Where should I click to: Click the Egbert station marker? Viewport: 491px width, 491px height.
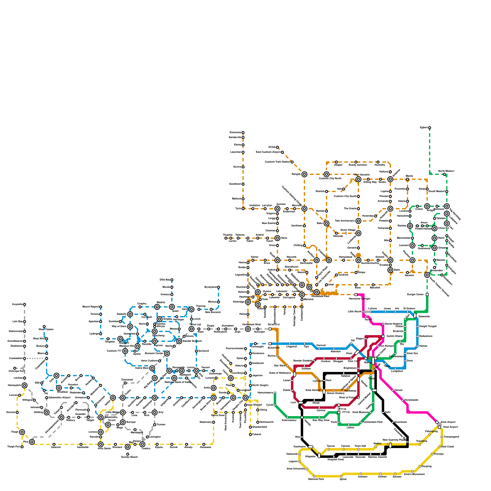point(430,128)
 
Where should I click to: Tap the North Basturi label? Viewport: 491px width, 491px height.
point(446,171)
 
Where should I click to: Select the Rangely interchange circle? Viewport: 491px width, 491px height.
point(304,174)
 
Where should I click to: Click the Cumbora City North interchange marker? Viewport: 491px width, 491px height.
point(327,174)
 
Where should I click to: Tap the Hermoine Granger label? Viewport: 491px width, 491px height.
point(360,299)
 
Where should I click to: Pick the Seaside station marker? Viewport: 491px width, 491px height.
point(415,315)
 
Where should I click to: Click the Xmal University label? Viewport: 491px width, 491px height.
point(296,469)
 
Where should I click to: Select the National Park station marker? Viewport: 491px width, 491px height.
point(314,476)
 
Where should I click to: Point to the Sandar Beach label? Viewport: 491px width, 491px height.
point(129,457)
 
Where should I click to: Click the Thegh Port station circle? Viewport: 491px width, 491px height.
point(22,447)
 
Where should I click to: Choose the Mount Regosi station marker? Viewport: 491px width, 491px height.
point(101,307)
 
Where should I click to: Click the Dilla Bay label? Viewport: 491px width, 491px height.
point(164,280)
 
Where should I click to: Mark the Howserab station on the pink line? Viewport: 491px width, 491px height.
point(403,400)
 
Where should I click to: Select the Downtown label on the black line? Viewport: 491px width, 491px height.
point(401,422)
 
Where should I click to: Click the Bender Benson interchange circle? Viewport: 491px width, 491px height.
point(179,341)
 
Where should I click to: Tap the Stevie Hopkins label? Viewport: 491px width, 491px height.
point(393,324)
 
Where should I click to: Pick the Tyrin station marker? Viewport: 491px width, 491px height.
point(243,209)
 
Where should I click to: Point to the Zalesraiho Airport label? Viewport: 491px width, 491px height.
point(60,397)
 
